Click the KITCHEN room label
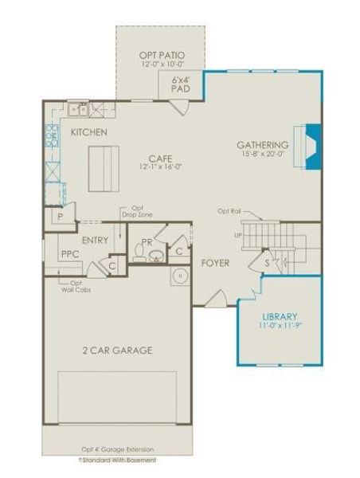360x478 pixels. click(88, 131)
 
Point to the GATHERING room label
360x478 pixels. click(263, 145)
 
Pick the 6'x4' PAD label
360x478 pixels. click(181, 85)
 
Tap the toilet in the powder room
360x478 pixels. click(140, 254)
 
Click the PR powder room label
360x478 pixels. click(147, 241)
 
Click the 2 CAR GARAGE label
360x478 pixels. click(118, 350)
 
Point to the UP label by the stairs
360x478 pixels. click(236, 235)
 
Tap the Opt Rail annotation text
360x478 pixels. click(229, 210)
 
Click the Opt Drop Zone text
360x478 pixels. click(131, 212)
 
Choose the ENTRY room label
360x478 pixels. click(95, 240)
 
